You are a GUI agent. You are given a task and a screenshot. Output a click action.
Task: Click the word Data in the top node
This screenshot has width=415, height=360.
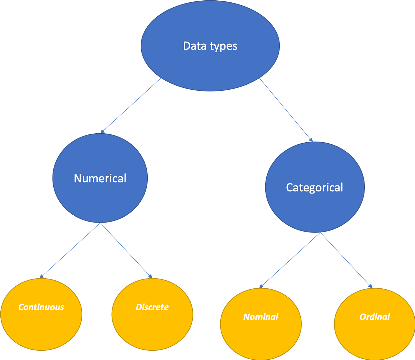click(x=195, y=46)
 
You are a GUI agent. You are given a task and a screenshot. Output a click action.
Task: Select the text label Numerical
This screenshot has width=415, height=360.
click(x=100, y=178)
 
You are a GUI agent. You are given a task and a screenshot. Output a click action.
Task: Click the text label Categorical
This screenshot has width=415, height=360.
click(x=314, y=188)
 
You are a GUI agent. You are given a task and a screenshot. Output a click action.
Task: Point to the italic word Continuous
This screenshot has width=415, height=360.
click(x=41, y=307)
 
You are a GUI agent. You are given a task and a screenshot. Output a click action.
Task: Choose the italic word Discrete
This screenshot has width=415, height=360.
click(x=152, y=307)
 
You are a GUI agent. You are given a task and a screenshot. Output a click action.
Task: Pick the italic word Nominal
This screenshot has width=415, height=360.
click(x=261, y=317)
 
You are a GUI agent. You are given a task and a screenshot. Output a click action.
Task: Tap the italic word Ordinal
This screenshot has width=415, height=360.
click(x=375, y=317)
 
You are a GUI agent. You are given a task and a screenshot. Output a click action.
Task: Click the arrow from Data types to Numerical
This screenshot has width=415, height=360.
click(x=131, y=106)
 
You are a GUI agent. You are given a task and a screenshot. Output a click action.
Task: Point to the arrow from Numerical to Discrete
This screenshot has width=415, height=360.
click(x=126, y=251)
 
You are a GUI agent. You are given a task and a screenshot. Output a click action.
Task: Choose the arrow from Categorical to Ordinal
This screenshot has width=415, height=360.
click(x=346, y=260)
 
